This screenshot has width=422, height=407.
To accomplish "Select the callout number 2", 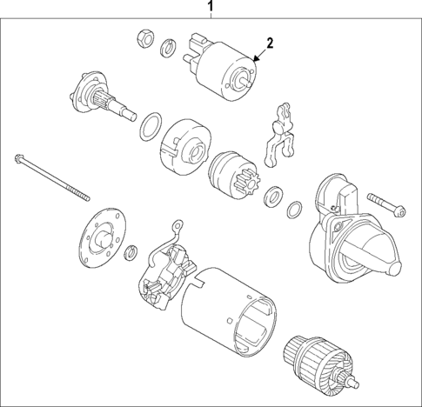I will (x=270, y=43).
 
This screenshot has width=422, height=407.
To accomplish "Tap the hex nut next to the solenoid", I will (x=145, y=38).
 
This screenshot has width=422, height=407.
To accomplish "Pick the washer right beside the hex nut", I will (x=165, y=43).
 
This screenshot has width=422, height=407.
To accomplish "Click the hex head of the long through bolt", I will (x=18, y=160).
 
